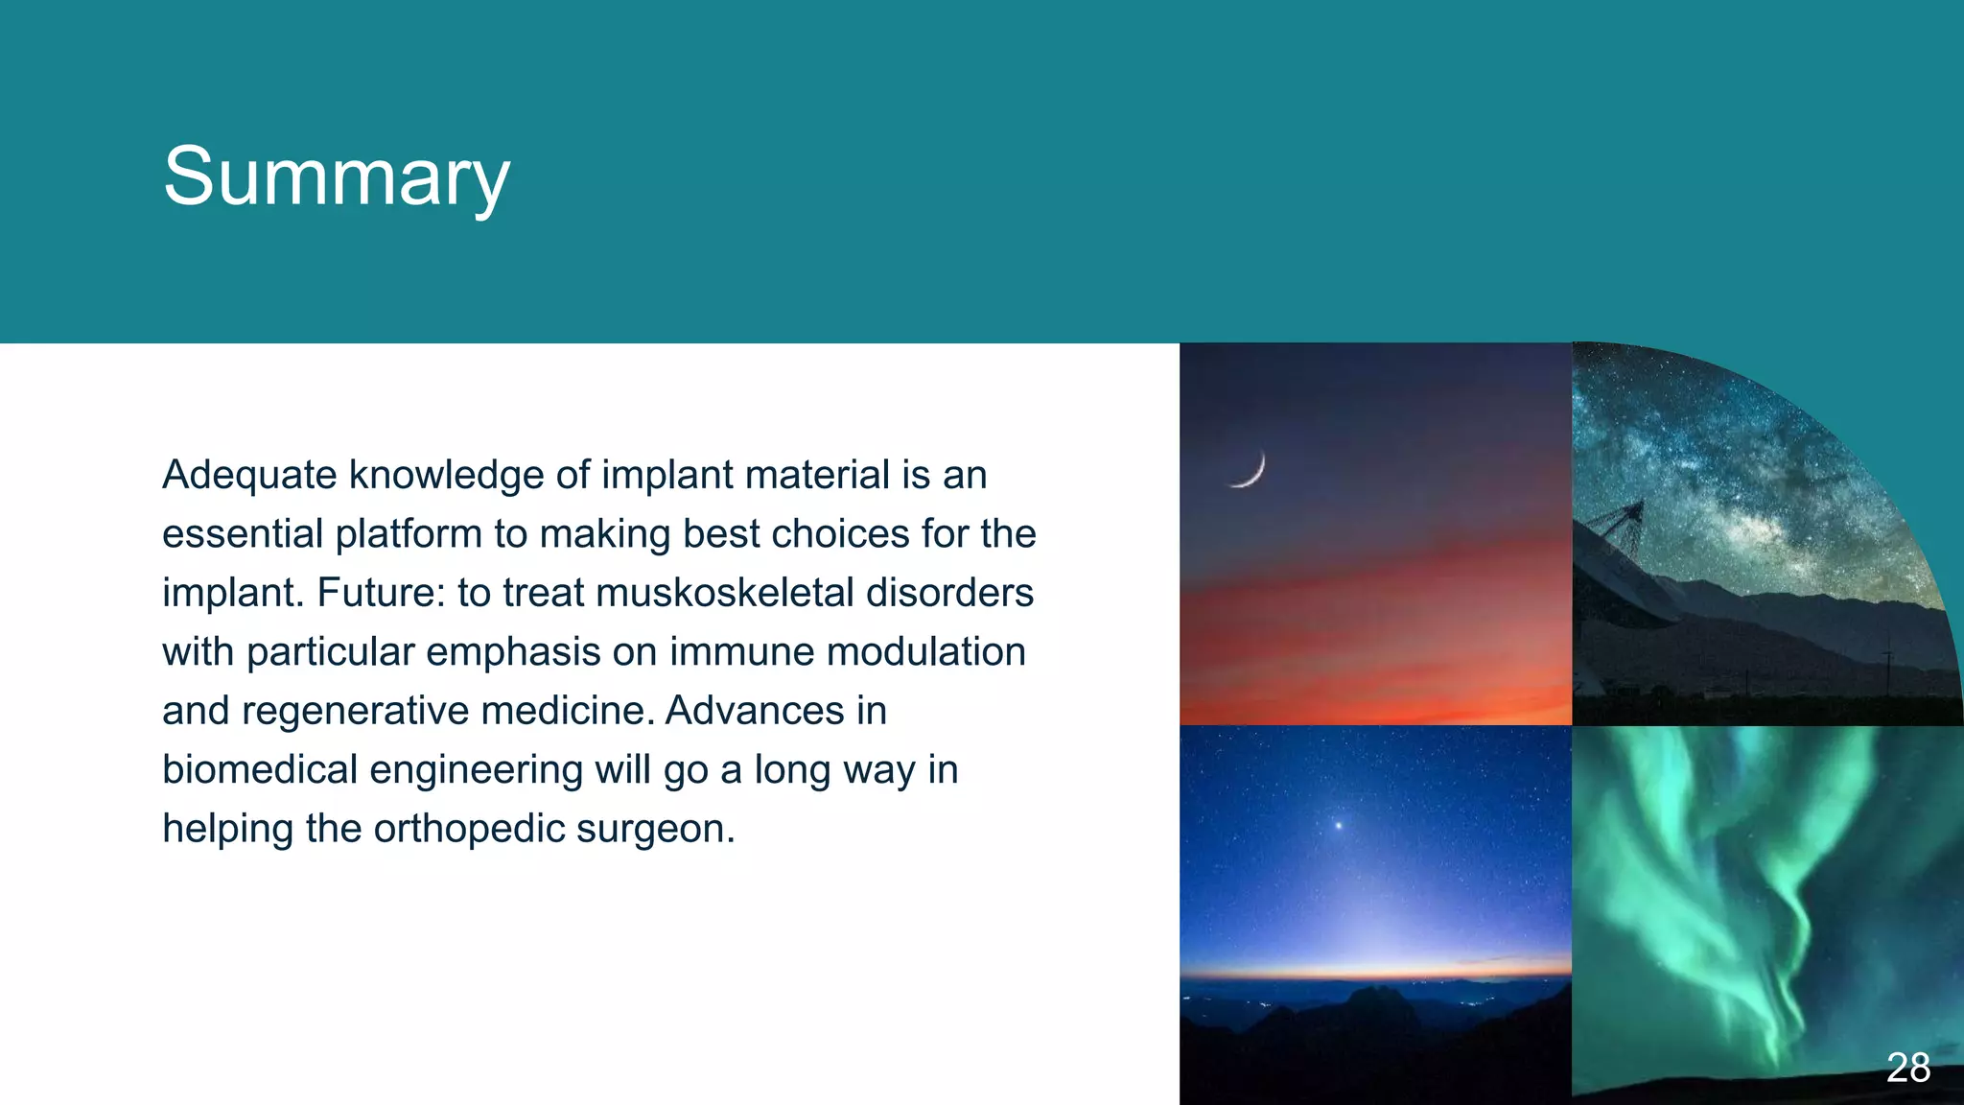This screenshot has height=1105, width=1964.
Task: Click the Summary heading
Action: coord(336,177)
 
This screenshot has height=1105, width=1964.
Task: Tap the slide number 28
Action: coord(1907,1068)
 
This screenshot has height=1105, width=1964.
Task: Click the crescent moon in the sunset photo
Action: coord(1251,470)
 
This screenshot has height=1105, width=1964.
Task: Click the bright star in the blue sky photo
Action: coord(1339,825)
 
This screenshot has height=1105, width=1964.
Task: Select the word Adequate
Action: coord(249,476)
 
